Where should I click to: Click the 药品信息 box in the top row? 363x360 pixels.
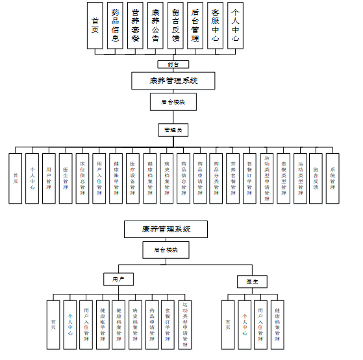point(115,26)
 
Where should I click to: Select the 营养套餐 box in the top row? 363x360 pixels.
point(135,26)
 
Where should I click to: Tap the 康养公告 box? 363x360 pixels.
point(155,26)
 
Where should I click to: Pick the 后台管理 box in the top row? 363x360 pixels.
point(195,26)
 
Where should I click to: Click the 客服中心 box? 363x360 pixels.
point(216,26)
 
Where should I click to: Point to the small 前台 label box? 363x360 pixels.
point(173,64)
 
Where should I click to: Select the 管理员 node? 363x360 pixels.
point(173,130)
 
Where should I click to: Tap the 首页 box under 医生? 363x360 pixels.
point(227,325)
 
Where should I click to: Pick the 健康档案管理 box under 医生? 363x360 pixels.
point(277,325)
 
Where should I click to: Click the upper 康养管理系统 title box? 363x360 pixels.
point(173,81)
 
